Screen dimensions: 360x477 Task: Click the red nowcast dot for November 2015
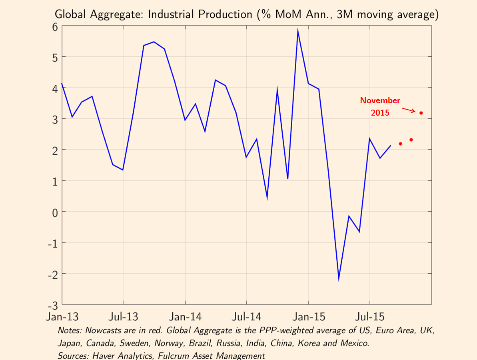pos(421,113)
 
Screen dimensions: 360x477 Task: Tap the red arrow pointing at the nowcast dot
pos(410,109)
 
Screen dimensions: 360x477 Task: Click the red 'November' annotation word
pos(380,100)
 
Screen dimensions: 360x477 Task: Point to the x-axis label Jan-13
pos(62,317)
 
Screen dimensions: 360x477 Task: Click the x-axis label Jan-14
pos(185,317)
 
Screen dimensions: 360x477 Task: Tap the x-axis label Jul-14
pos(246,317)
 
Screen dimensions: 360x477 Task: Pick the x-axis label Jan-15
pos(309,317)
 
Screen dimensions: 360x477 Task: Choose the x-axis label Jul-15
pos(369,317)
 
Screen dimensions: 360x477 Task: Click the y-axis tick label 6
pos(55,26)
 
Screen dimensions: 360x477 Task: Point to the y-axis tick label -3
pos(52,304)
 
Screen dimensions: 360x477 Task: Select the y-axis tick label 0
pos(55,211)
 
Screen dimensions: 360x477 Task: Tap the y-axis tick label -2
pos(52,274)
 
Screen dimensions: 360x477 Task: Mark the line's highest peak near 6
pos(298,30)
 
